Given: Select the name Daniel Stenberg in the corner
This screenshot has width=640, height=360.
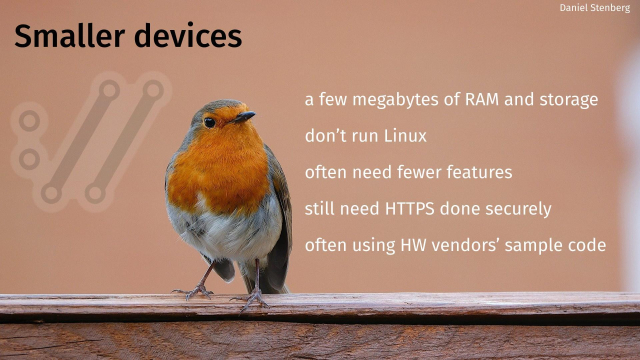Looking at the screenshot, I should pyautogui.click(x=595, y=8).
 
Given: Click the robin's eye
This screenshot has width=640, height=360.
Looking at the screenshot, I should pyautogui.click(x=210, y=122).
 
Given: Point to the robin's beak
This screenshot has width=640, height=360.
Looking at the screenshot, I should pyautogui.click(x=243, y=117).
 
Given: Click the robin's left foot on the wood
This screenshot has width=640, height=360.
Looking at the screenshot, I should pyautogui.click(x=195, y=291).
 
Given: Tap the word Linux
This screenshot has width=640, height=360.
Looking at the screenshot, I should pyautogui.click(x=405, y=136).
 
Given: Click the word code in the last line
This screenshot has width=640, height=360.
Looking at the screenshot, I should pyautogui.click(x=589, y=245).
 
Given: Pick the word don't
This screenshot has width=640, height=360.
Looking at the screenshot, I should pyautogui.click(x=325, y=136).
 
